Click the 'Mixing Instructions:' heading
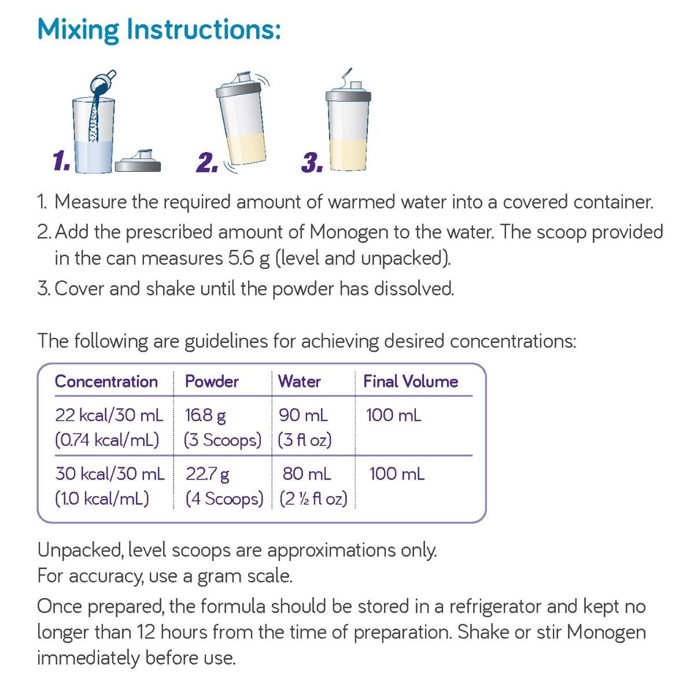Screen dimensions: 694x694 pyautogui.click(x=159, y=30)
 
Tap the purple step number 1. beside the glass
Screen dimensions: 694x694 pyautogui.click(x=61, y=161)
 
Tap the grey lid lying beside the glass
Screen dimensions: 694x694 pyautogui.click(x=138, y=161)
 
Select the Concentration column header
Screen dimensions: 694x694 pyautogui.click(x=106, y=381)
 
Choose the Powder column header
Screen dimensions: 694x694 pyautogui.click(x=212, y=381)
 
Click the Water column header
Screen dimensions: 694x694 pyautogui.click(x=299, y=381)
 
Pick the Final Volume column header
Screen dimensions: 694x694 pyautogui.click(x=411, y=381)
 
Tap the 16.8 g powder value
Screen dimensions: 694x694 pyautogui.click(x=205, y=416)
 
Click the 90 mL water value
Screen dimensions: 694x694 pyautogui.click(x=303, y=415)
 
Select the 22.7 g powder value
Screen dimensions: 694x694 pyautogui.click(x=208, y=475)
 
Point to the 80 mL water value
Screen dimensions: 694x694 pyautogui.click(x=307, y=474)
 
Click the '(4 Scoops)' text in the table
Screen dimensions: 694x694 pyautogui.click(x=224, y=499)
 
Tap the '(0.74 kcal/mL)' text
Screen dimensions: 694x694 pyautogui.click(x=107, y=440)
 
